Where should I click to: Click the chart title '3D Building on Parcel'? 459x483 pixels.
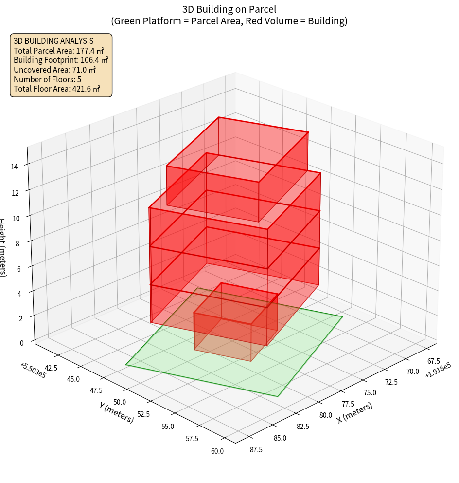pos(229,9)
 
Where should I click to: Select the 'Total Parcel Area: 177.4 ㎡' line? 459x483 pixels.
pos(59,50)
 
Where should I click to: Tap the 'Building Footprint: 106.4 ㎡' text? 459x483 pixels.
pos(61,60)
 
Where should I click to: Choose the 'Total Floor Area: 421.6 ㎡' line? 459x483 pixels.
pos(57,89)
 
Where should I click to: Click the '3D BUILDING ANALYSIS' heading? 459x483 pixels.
pos(53,40)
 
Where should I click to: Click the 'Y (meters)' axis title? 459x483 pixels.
pos(117,412)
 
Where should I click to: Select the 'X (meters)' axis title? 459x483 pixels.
pos(355,412)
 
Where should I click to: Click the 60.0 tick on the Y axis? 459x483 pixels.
pos(217,451)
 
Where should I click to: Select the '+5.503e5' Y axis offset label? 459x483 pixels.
pos(34,371)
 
